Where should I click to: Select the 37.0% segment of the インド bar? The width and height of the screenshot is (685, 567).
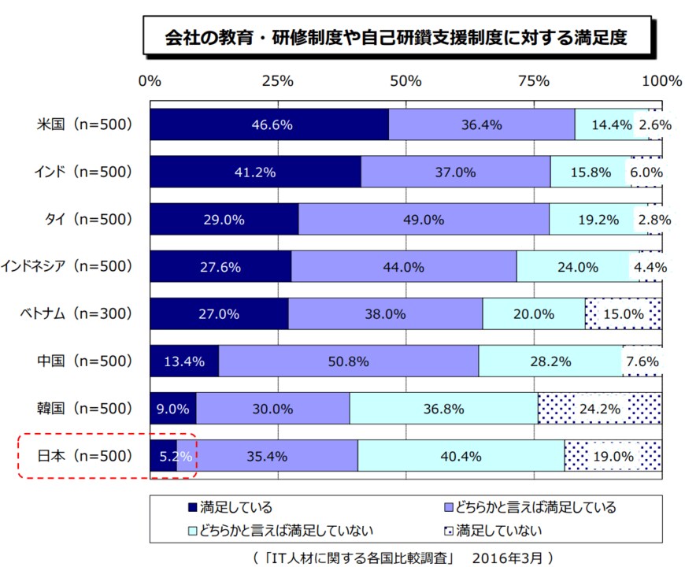[x=455, y=172]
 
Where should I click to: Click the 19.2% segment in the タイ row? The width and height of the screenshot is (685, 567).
[x=598, y=219]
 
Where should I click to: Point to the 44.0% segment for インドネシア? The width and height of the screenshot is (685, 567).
[x=403, y=266]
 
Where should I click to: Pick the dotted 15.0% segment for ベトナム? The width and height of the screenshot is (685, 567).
[x=624, y=313]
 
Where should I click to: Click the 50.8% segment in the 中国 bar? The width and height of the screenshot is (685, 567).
[x=348, y=361]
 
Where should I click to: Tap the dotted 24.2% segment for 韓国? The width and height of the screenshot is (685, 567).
[x=600, y=409]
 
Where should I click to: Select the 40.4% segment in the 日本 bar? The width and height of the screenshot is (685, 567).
[x=461, y=455]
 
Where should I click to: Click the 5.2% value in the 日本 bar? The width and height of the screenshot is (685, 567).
[x=168, y=455]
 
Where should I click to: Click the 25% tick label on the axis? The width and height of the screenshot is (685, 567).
[x=277, y=80]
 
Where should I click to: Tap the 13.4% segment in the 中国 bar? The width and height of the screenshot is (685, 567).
[x=184, y=361]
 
